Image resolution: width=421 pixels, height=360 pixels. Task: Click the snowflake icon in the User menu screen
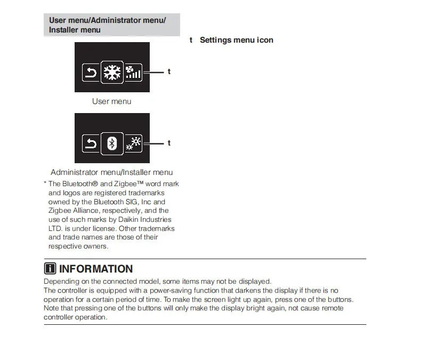112,72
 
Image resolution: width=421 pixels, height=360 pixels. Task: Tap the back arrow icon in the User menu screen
91,72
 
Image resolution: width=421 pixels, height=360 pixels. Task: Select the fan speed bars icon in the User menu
133,72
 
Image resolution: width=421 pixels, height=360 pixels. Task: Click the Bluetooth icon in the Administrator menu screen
112,143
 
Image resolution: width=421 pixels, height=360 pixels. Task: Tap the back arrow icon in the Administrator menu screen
91,143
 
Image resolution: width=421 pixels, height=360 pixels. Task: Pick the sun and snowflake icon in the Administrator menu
133,143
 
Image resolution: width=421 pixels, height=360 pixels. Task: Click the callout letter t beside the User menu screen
169,71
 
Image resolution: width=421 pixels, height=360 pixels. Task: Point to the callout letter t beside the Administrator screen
169,143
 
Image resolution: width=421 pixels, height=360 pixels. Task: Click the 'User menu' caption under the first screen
111,101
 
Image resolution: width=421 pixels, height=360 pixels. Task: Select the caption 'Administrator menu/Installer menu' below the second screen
111,172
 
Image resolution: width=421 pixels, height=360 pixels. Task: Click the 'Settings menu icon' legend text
236,40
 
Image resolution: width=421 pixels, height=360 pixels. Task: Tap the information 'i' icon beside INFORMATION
50,269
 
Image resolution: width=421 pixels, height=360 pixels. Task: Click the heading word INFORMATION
96,269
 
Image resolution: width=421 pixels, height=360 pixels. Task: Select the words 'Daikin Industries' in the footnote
146,220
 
